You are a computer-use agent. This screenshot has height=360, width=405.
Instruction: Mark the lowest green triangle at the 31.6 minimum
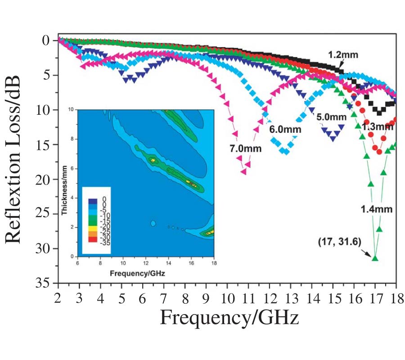point(375,258)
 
